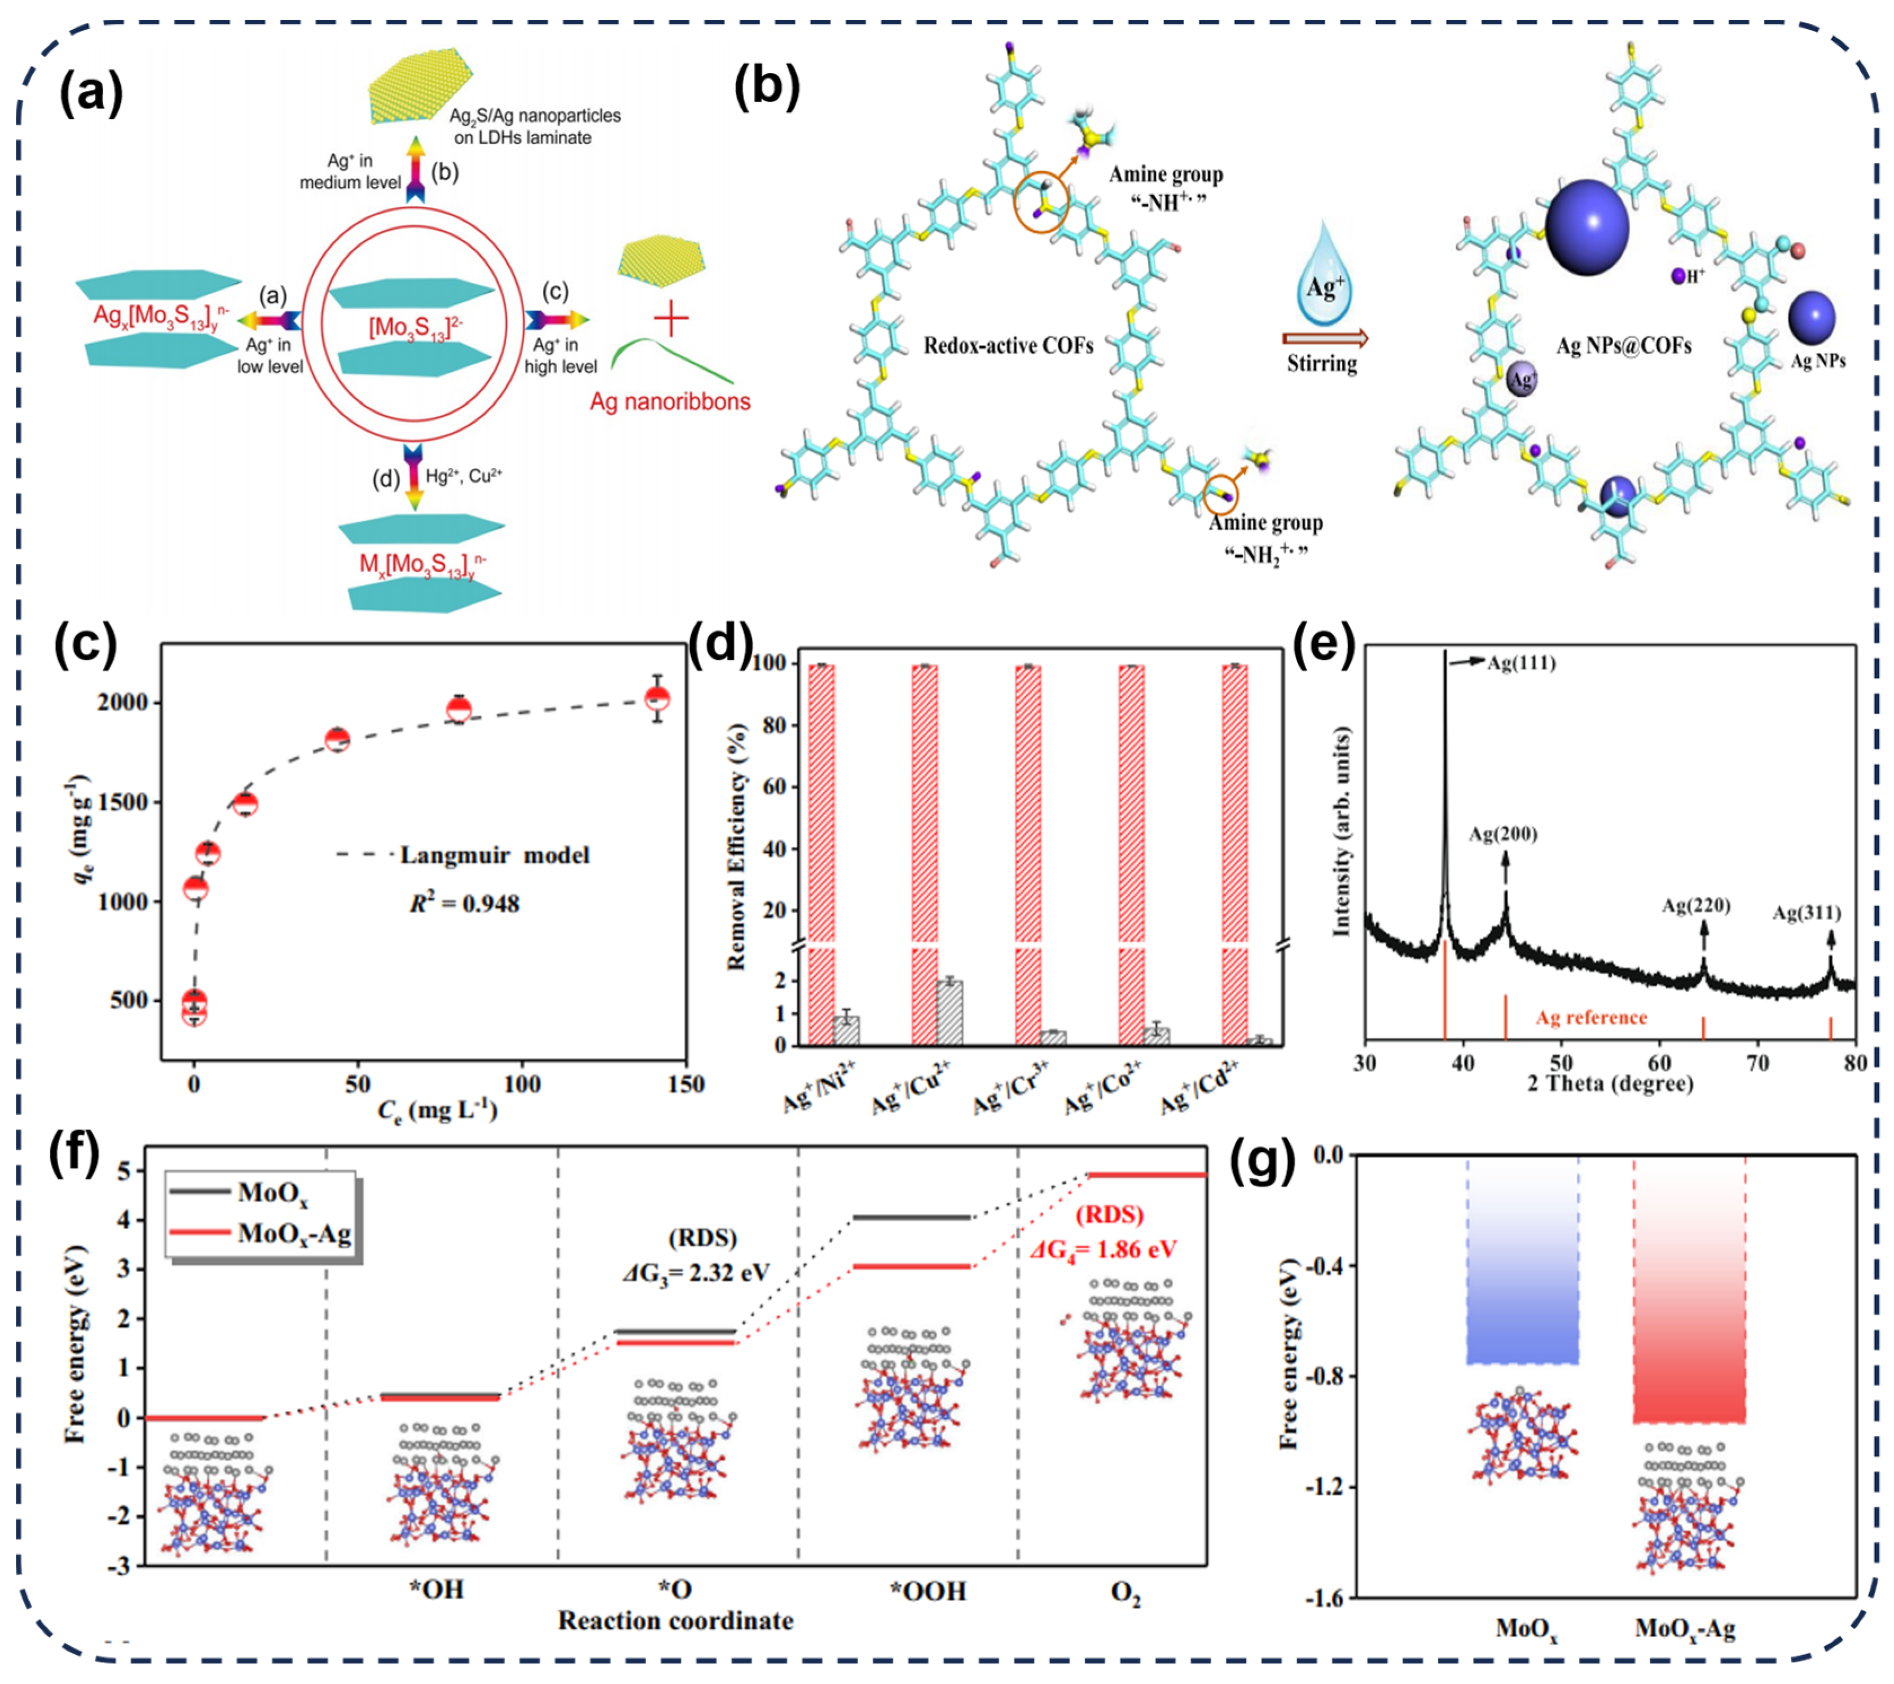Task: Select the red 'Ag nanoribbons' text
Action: click(x=670, y=401)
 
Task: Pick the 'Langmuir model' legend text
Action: click(x=494, y=854)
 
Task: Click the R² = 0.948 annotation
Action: click(x=464, y=903)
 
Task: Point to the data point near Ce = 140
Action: click(x=657, y=698)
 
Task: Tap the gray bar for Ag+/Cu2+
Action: click(x=950, y=1012)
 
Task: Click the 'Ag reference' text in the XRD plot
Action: click(x=1591, y=1018)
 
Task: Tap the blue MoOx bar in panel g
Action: click(x=1522, y=1260)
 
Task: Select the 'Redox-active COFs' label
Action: click(x=1008, y=346)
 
